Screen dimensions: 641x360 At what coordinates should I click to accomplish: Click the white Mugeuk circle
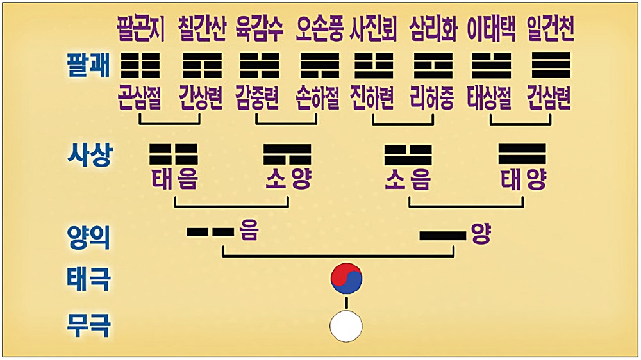[346, 326]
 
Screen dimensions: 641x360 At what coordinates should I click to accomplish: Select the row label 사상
[88, 156]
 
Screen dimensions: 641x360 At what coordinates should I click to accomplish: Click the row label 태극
[88, 280]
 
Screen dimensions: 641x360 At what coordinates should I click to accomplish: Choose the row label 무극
[88, 326]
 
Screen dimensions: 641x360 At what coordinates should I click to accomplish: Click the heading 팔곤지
[141, 28]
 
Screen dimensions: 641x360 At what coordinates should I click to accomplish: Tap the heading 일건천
[550, 28]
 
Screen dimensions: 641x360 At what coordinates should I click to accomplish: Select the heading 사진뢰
[374, 28]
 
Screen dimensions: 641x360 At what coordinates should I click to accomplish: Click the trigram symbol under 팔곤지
[140, 65]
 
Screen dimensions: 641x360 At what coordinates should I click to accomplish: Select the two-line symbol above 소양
[287, 154]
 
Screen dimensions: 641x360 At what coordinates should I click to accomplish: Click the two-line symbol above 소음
[408, 154]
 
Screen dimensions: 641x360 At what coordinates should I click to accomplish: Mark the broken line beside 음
[210, 232]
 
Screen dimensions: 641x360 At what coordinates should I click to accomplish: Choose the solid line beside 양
[442, 236]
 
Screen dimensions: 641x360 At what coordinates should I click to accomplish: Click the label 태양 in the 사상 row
[524, 181]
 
